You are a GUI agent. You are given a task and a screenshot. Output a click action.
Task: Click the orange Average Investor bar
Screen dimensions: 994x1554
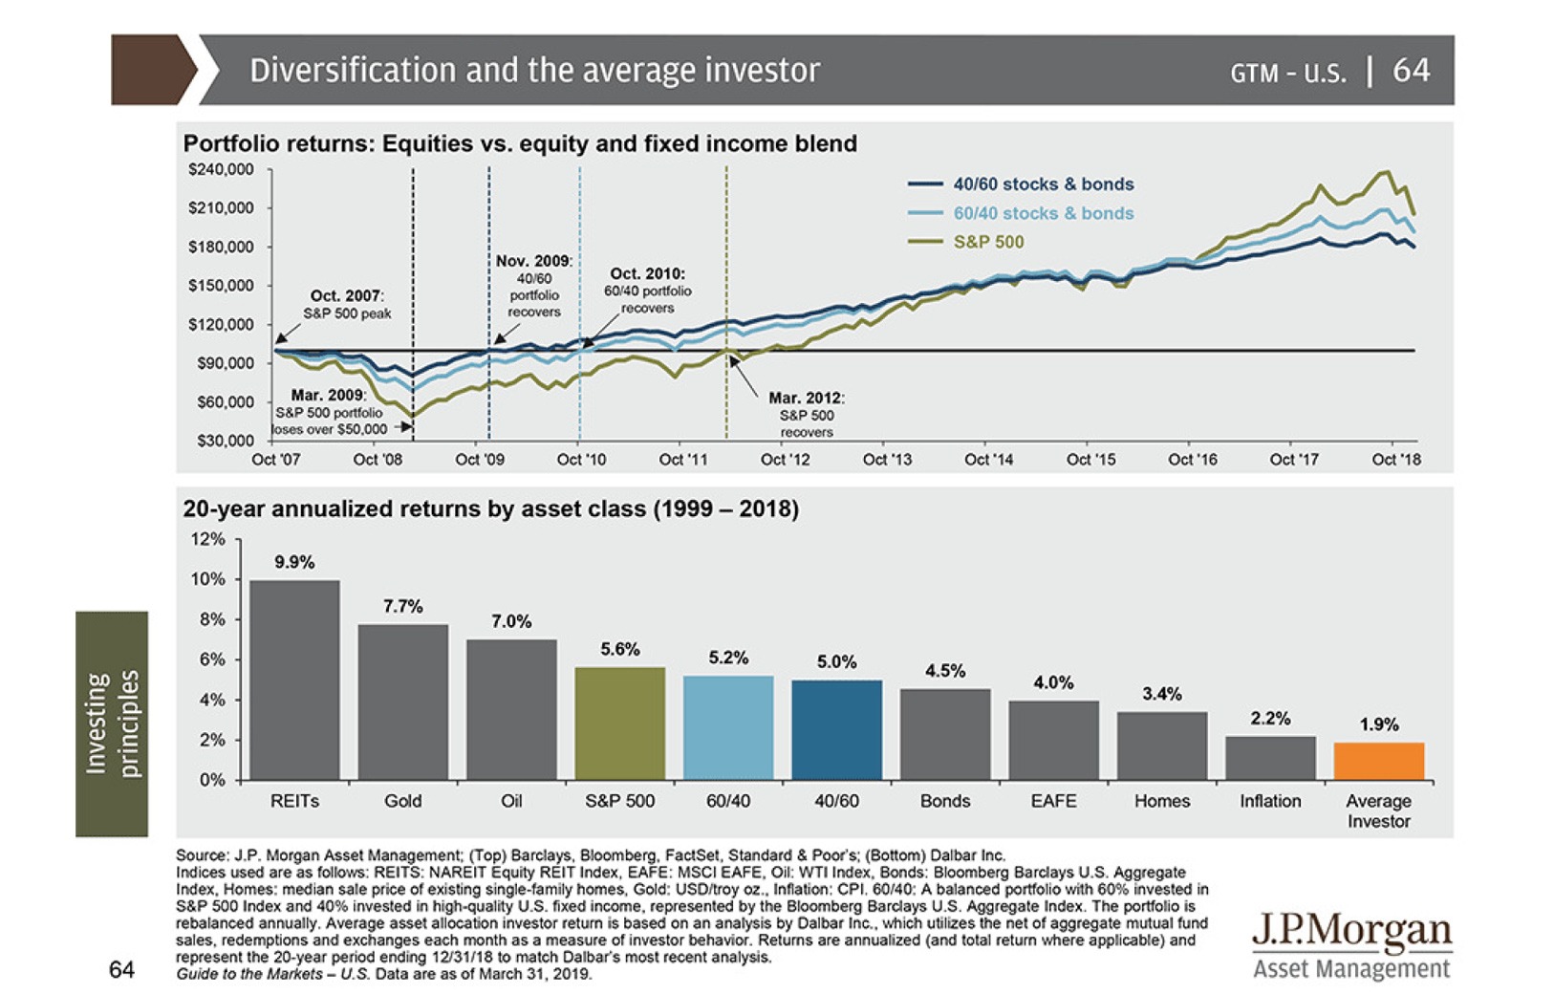pyautogui.click(x=1378, y=761)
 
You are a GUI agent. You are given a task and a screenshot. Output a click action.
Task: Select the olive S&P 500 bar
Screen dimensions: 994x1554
pyautogui.click(x=619, y=724)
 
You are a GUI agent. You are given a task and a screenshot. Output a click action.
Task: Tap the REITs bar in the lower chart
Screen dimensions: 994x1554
pyautogui.click(x=294, y=680)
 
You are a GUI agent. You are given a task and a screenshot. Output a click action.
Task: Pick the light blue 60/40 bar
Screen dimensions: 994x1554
pyautogui.click(x=728, y=727)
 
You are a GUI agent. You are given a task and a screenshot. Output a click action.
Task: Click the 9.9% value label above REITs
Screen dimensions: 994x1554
pyautogui.click(x=294, y=562)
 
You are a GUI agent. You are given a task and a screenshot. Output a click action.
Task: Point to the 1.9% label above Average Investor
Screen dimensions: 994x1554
pyautogui.click(x=1378, y=724)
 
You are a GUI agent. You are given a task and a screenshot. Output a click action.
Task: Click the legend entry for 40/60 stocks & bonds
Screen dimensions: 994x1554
pyautogui.click(x=1043, y=184)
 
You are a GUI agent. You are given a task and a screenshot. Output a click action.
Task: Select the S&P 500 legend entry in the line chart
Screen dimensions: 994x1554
pyautogui.click(x=988, y=242)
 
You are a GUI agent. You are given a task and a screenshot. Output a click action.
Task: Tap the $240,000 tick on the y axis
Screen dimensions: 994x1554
pyautogui.click(x=221, y=170)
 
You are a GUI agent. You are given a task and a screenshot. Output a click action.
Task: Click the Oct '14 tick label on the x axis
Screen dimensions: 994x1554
pyautogui.click(x=988, y=460)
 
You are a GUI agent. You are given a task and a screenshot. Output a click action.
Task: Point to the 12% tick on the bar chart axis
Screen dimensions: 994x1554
pyautogui.click(x=208, y=539)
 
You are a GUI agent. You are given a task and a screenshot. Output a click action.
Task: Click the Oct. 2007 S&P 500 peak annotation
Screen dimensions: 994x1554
pyautogui.click(x=347, y=304)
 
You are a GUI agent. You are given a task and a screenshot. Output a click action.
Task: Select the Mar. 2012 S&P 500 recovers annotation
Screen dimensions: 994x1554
pyautogui.click(x=806, y=415)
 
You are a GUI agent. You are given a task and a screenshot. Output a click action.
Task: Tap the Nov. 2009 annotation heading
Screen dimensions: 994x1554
pyautogui.click(x=533, y=261)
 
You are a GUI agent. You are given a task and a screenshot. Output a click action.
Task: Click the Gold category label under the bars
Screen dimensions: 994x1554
pyautogui.click(x=402, y=801)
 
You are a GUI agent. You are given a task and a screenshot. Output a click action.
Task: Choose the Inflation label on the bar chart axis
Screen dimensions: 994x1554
pyautogui.click(x=1269, y=801)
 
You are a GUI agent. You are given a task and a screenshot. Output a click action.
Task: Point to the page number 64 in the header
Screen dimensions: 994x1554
pyautogui.click(x=1411, y=70)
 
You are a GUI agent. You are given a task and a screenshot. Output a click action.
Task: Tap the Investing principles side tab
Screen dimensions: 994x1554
pyautogui.click(x=113, y=724)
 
